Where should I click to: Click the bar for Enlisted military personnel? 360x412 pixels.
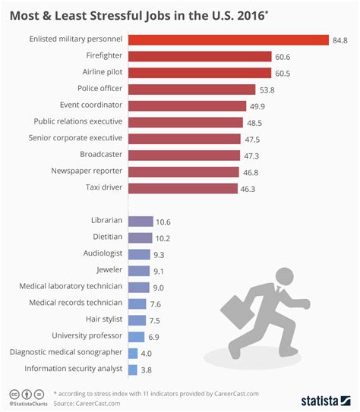click(228, 39)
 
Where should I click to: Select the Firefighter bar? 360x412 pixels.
click(200, 56)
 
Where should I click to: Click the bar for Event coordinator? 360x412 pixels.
click(188, 105)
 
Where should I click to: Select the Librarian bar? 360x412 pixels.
click(140, 222)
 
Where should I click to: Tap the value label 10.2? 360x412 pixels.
click(163, 238)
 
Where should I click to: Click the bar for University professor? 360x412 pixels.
click(136, 336)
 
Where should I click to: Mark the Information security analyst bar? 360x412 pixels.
click(133, 370)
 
